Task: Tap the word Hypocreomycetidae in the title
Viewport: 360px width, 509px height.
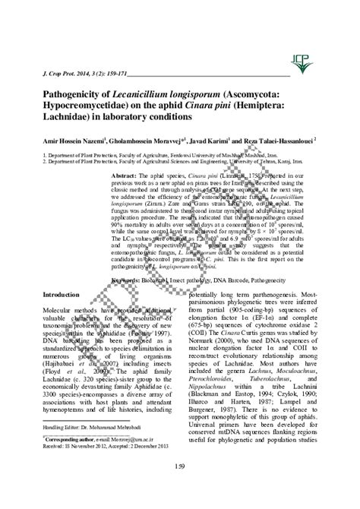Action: (x=87, y=108)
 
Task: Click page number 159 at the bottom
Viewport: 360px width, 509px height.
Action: (x=179, y=487)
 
